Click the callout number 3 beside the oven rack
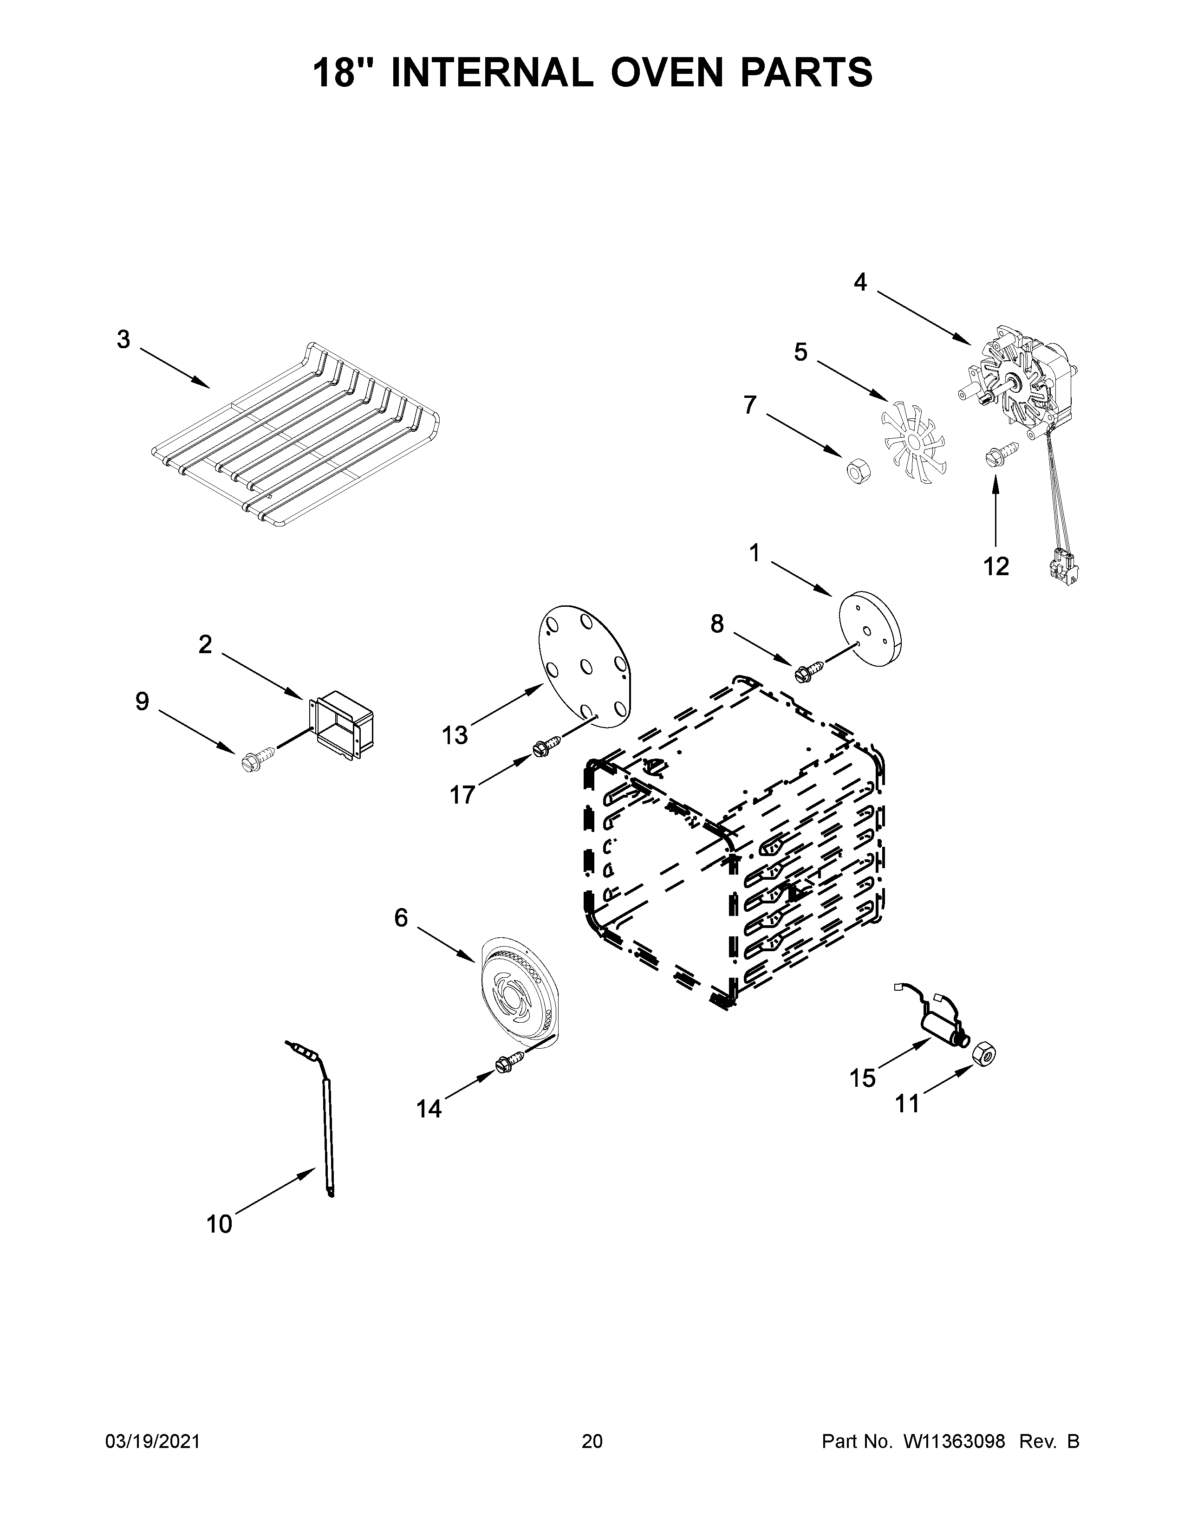(x=124, y=340)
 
